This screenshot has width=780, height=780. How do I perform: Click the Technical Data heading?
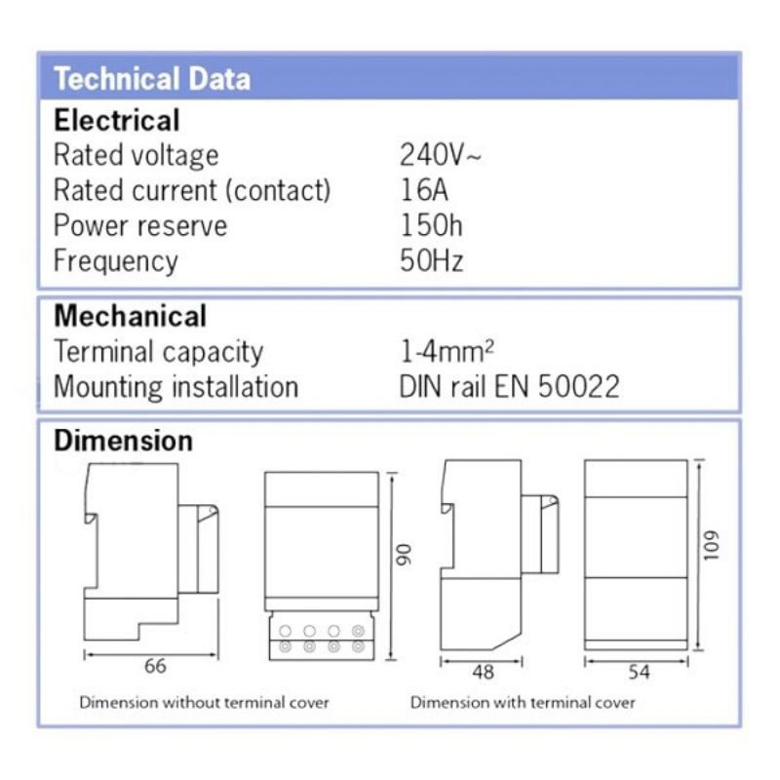pyautogui.click(x=152, y=78)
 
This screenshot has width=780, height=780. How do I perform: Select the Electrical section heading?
pyautogui.click(x=117, y=121)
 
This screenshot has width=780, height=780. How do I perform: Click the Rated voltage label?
pyautogui.click(x=136, y=155)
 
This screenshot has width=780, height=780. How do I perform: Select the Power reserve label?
pyautogui.click(x=140, y=225)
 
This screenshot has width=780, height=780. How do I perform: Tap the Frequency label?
pyautogui.click(x=116, y=261)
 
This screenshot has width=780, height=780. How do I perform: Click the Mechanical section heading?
pyautogui.click(x=130, y=316)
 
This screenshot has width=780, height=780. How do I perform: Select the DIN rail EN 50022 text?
pyautogui.click(x=509, y=386)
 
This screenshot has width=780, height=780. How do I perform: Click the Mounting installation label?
pyautogui.click(x=175, y=386)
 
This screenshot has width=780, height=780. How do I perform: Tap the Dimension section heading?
pyautogui.click(x=123, y=441)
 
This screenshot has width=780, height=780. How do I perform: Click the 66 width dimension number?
pyautogui.click(x=155, y=667)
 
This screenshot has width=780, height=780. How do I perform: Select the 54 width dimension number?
pyautogui.click(x=639, y=672)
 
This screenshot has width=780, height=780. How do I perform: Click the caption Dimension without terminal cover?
pyautogui.click(x=204, y=702)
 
